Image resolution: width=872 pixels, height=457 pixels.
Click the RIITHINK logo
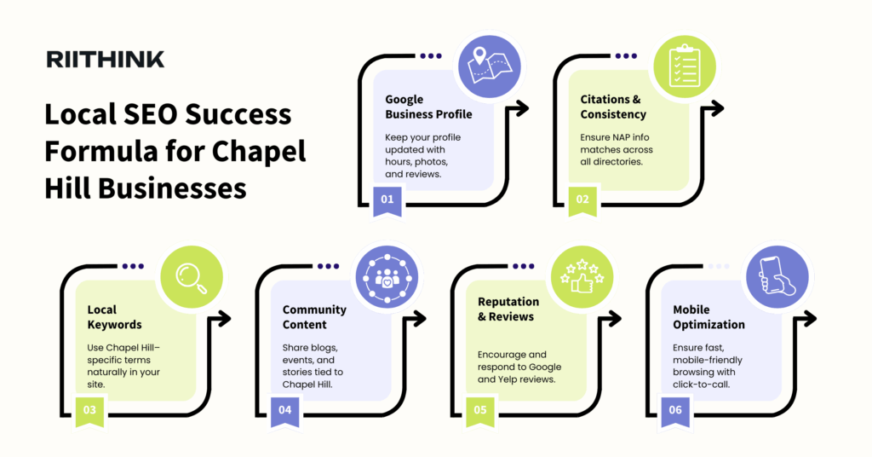click(x=106, y=59)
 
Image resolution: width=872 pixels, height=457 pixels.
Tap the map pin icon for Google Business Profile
click(x=490, y=65)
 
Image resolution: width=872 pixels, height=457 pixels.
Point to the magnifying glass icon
click(x=192, y=276)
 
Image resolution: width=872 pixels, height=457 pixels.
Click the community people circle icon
click(x=387, y=276)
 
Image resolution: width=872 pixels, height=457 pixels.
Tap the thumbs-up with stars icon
click(x=582, y=276)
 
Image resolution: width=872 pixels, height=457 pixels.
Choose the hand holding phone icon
click(x=777, y=276)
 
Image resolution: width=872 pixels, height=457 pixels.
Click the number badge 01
click(x=387, y=200)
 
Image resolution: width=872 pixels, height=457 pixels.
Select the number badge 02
click(x=582, y=200)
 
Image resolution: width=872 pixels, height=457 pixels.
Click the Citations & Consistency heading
click(x=613, y=107)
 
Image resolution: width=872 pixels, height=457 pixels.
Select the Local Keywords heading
click(x=114, y=317)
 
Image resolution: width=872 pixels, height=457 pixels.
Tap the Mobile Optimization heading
click(x=708, y=317)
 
